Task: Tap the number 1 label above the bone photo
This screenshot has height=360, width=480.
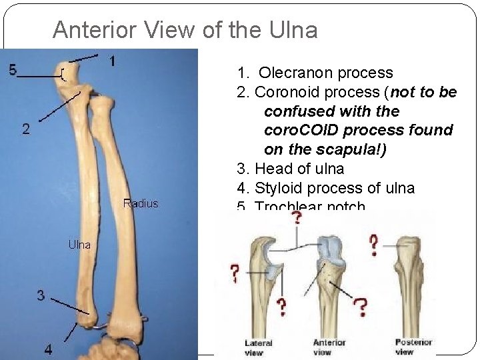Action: click(111, 61)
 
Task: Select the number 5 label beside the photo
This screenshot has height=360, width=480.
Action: click(13, 69)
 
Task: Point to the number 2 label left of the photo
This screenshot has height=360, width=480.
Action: click(25, 130)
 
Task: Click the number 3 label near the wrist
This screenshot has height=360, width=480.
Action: click(41, 295)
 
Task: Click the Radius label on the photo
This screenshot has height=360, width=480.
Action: click(141, 203)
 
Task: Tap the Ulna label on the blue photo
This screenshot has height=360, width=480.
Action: click(79, 245)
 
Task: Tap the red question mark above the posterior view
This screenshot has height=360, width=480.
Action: click(375, 245)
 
